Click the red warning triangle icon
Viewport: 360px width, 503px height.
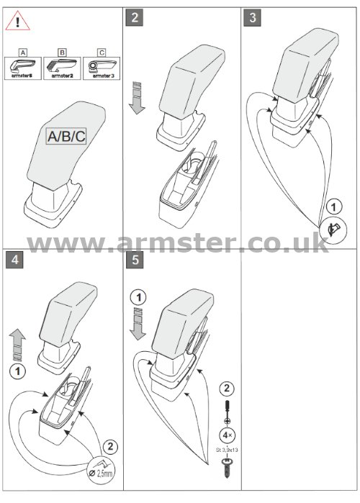click(18, 22)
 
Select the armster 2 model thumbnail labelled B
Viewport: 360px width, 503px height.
click(62, 68)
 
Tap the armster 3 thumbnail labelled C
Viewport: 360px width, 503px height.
click(102, 68)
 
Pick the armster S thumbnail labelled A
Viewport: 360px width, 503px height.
click(23, 68)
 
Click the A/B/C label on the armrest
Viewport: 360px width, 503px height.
click(66, 136)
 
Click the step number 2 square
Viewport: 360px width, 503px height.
click(135, 17)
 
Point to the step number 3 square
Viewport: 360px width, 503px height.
click(252, 17)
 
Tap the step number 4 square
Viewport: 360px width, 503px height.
click(14, 260)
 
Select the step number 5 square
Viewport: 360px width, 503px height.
click(135, 260)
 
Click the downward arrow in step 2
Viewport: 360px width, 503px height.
click(137, 98)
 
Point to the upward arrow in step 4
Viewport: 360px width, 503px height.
click(17, 345)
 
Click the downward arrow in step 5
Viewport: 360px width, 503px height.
click(138, 324)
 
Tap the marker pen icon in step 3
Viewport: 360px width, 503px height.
click(333, 231)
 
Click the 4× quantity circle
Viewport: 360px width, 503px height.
click(228, 435)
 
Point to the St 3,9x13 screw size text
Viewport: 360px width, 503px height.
click(227, 450)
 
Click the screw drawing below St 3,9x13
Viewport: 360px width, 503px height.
click(228, 468)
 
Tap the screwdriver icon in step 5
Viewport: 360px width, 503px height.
click(228, 412)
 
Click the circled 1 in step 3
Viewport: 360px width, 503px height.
click(333, 207)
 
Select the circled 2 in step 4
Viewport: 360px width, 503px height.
click(110, 447)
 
